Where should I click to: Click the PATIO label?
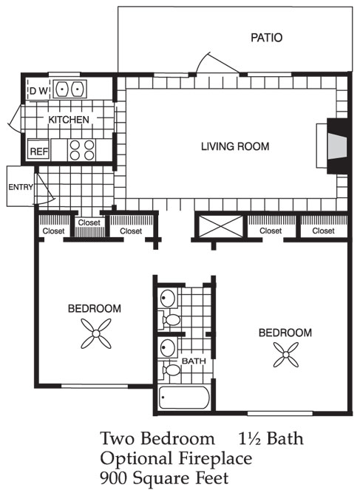point(267,38)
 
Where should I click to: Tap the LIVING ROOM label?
point(235,146)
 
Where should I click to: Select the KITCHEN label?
point(69,120)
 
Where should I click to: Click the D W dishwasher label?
point(38,91)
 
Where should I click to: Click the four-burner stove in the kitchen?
point(81,150)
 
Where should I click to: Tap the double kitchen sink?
point(69,89)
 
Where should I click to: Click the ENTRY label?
point(21,187)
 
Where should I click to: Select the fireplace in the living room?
point(337,146)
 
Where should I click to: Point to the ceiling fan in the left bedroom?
point(96,334)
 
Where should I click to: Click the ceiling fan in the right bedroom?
point(286,354)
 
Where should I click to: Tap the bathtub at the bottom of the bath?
point(184,398)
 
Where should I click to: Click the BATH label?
point(194,361)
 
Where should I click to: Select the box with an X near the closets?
point(221,226)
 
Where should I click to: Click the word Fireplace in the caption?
point(215,458)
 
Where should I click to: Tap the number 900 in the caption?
point(114,478)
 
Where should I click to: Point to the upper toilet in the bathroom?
point(169,320)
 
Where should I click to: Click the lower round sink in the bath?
point(168,347)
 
